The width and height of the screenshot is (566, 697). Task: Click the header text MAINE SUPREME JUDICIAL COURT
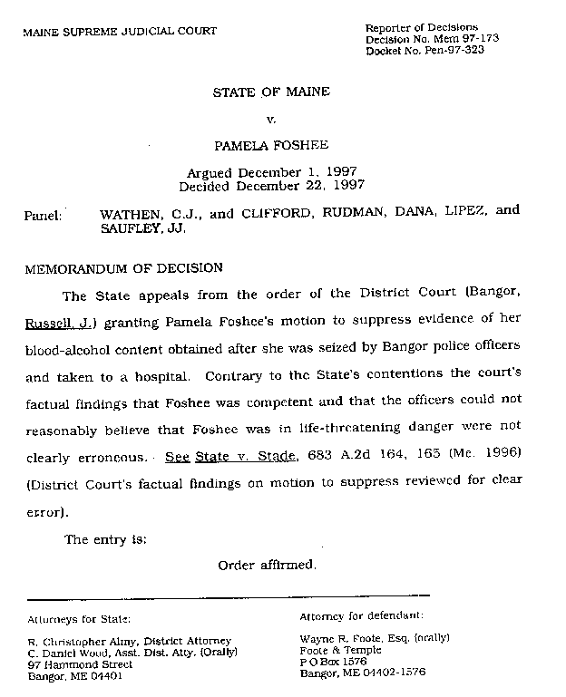[x=120, y=31]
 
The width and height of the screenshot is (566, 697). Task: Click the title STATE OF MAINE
[x=271, y=92]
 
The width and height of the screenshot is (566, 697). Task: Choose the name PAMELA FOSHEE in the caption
[x=271, y=144]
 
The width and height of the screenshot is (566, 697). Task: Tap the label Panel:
[x=43, y=216]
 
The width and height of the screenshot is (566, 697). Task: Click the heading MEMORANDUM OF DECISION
[x=123, y=268]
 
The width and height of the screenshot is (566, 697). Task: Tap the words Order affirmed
[x=268, y=566]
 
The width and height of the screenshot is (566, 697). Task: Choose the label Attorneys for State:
[x=79, y=619]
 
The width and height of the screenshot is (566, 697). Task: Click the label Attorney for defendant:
[x=360, y=615]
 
